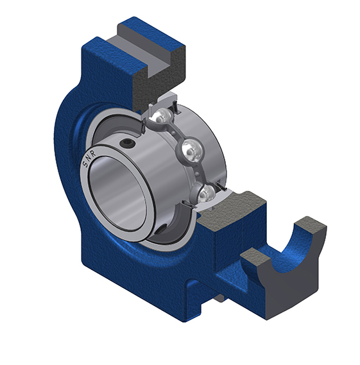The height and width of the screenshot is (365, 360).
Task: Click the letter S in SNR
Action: [85, 164]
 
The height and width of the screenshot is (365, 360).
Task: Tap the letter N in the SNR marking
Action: [89, 158]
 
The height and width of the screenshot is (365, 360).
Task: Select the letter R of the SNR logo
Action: [94, 154]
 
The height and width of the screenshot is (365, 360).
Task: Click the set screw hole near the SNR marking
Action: [126, 143]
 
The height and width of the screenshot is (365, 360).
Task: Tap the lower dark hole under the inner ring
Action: [161, 229]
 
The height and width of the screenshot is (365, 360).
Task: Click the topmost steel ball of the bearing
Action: [161, 116]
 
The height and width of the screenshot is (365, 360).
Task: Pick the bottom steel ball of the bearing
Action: [207, 192]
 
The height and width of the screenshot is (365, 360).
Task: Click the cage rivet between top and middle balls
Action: [173, 133]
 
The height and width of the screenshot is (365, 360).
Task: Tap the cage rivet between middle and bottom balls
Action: [198, 173]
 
